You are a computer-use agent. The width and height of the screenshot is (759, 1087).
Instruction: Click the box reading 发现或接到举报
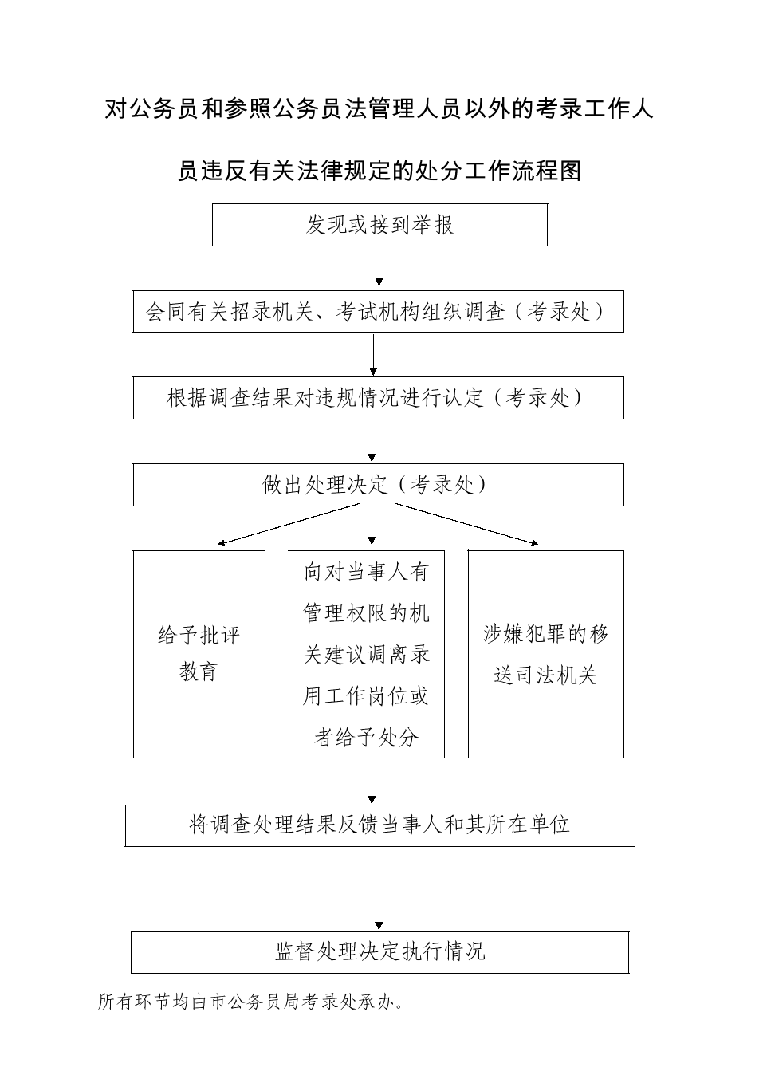tap(379, 225)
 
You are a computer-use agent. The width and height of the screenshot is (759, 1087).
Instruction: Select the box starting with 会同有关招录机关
tap(378, 312)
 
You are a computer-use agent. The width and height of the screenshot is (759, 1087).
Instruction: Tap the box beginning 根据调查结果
tap(378, 398)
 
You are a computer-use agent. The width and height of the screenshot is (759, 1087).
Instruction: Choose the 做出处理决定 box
tap(378, 485)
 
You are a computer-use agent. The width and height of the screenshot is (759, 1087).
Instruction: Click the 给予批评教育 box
tap(199, 654)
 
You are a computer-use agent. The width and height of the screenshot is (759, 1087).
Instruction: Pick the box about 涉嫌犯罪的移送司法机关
tap(545, 654)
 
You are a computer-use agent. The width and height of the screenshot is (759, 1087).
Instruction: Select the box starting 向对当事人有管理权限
tap(366, 654)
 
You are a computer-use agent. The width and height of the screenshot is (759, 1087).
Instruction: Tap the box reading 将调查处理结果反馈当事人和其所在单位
tap(379, 826)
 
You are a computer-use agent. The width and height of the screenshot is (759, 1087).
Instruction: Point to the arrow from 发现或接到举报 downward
tap(379, 266)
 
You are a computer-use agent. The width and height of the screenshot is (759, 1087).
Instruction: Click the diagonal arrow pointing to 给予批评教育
tap(288, 525)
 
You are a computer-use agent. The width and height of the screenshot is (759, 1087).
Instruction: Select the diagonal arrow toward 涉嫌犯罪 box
tap(467, 525)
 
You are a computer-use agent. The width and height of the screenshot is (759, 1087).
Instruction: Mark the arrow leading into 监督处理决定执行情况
tap(379, 888)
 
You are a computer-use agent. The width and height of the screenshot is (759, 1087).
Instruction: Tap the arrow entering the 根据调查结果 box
tap(373, 355)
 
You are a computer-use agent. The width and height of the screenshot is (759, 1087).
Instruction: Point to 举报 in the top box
tap(433, 225)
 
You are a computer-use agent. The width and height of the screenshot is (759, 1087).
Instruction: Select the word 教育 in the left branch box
tap(199, 672)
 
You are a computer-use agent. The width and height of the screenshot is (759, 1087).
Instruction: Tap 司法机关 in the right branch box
tap(556, 675)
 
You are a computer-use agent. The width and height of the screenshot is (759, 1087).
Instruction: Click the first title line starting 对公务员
tap(379, 108)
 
